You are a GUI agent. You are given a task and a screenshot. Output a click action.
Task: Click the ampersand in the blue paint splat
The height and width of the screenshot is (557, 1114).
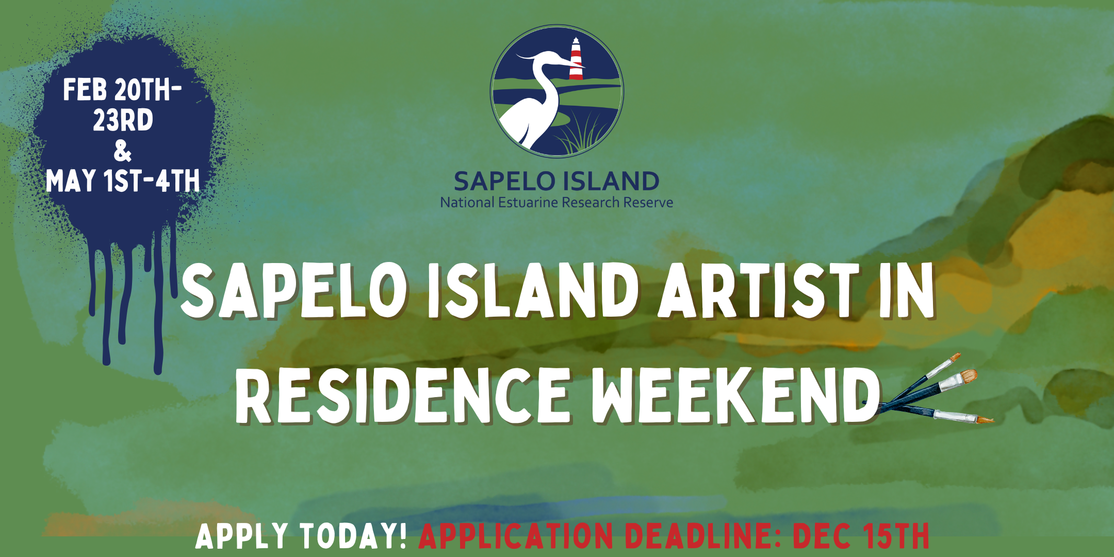pyautogui.click(x=123, y=151)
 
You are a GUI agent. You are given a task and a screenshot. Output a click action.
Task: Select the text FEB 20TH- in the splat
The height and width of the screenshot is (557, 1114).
pyautogui.click(x=122, y=90)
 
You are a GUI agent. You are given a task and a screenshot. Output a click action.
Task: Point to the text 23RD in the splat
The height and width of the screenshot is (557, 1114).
pyautogui.click(x=123, y=120)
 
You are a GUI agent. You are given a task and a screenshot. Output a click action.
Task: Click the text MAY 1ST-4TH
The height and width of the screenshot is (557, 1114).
pyautogui.click(x=123, y=181)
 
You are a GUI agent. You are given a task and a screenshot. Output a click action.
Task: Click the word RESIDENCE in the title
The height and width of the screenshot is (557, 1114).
pyautogui.click(x=403, y=396)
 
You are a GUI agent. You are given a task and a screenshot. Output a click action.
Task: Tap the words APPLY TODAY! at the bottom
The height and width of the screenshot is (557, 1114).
pyautogui.click(x=302, y=536)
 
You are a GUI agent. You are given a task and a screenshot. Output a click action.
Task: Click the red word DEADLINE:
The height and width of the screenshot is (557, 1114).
pyautogui.click(x=702, y=536)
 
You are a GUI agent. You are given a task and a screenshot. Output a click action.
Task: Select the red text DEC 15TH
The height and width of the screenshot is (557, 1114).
pyautogui.click(x=861, y=536)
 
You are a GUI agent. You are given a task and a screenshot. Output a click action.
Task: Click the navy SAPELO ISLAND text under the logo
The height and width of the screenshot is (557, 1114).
pyautogui.click(x=556, y=182)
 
